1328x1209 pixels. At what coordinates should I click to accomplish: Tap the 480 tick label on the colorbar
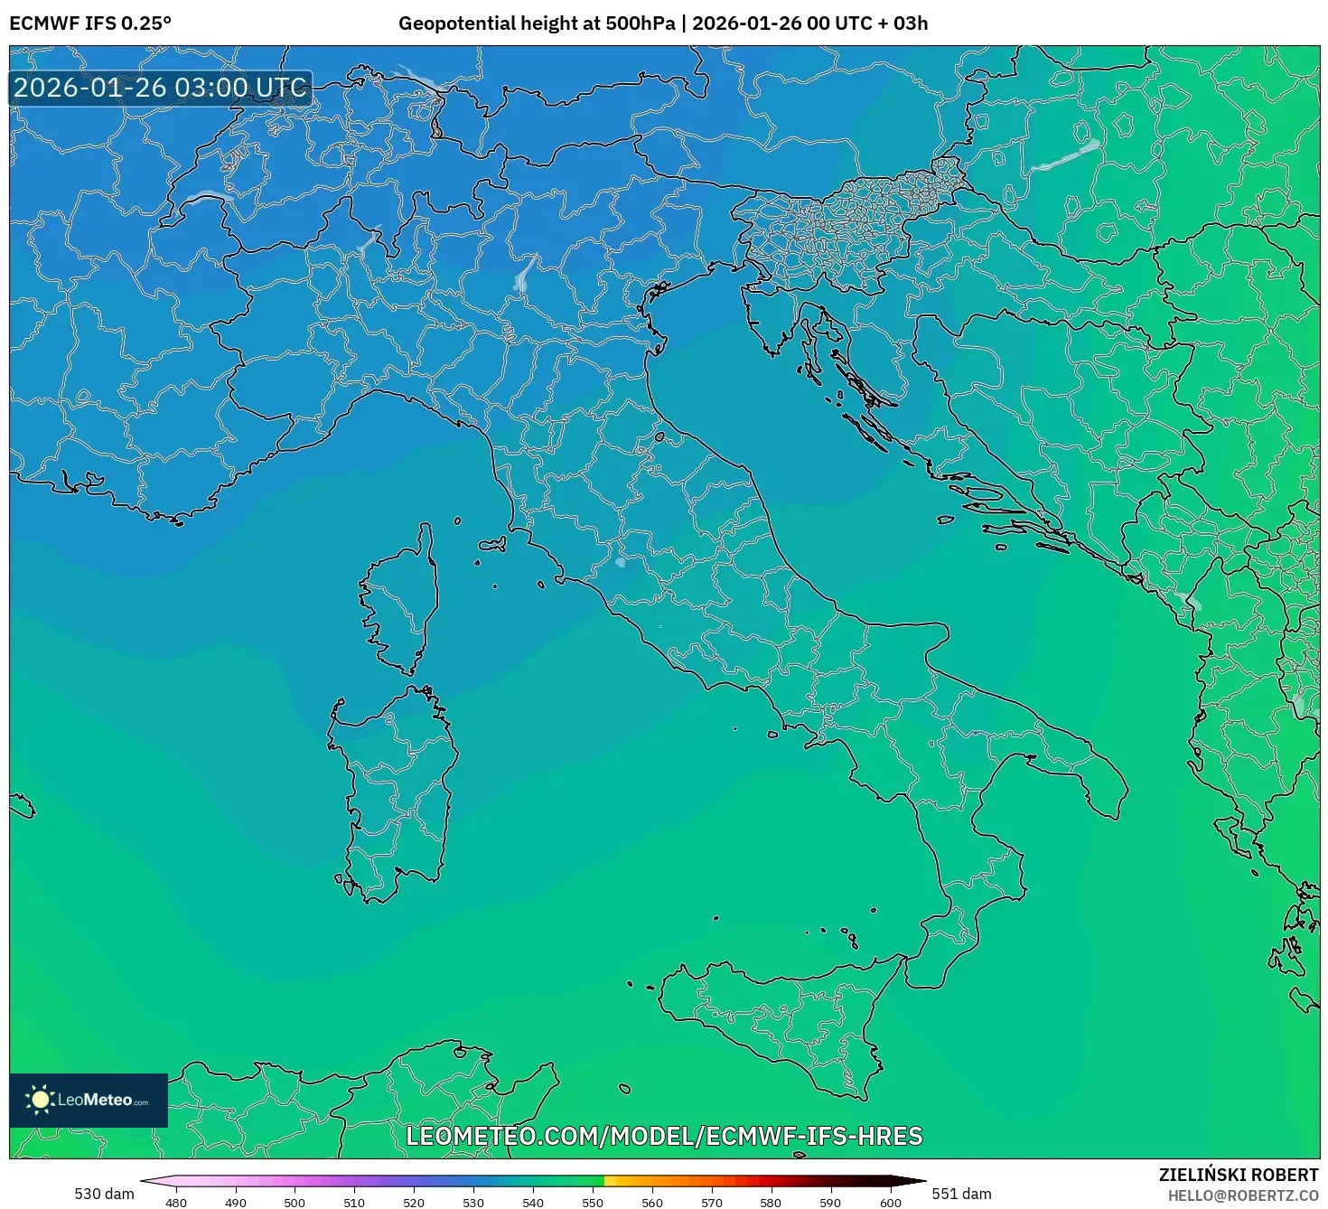(176, 1203)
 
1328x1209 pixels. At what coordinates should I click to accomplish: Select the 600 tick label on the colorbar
(890, 1203)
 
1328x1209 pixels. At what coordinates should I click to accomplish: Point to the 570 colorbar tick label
(712, 1203)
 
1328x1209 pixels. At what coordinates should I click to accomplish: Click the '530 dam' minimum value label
(104, 1194)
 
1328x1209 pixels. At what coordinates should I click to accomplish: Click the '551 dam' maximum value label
(961, 1194)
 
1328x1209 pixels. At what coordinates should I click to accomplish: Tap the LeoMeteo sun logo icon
(40, 1100)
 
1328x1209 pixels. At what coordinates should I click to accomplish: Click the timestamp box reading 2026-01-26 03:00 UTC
(161, 89)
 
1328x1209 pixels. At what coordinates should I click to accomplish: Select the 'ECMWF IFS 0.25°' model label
(90, 23)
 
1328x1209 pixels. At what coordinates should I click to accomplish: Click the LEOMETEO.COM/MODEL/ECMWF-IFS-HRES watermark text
(664, 1136)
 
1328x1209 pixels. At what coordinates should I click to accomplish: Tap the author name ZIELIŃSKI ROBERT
(1239, 1175)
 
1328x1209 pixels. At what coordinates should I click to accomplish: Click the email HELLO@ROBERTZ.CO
(1242, 1195)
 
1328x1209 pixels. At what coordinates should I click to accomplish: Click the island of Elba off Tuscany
(493, 545)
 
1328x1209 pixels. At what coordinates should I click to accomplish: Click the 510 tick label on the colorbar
(354, 1203)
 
